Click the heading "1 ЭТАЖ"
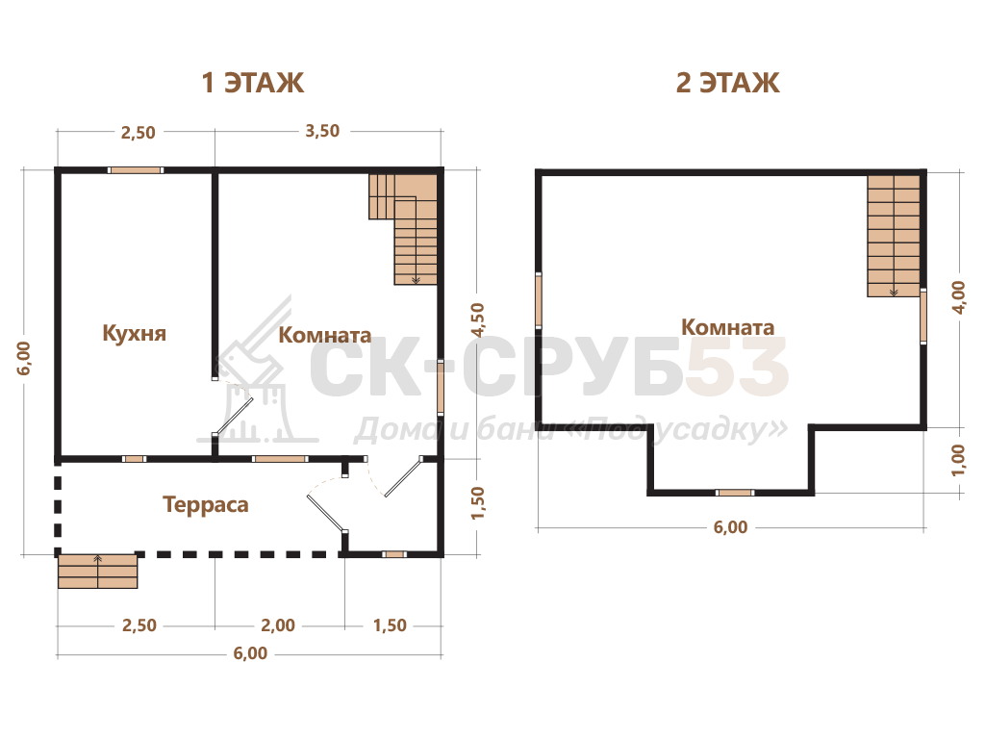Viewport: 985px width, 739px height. (253, 83)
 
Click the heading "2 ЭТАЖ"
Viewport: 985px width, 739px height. (727, 83)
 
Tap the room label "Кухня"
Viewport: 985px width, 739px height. (135, 333)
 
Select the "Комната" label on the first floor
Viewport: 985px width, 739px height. (325, 335)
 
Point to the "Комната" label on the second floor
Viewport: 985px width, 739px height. (727, 327)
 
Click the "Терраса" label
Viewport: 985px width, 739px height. (206, 504)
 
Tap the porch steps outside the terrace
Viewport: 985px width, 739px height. (97, 572)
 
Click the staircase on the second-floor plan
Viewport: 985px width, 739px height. (894, 237)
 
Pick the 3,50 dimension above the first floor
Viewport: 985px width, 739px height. (322, 131)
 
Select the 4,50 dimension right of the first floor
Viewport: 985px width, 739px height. (477, 319)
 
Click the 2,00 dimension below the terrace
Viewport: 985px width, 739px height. (278, 625)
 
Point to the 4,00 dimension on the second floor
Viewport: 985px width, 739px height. (958, 298)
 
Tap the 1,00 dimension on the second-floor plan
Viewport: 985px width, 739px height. (958, 460)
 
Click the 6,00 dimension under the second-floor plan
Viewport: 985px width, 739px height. (731, 527)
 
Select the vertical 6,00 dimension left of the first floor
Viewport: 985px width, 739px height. (23, 358)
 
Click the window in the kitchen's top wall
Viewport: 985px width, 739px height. (136, 170)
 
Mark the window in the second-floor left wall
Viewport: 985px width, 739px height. (539, 300)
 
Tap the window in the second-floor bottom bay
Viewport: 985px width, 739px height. (735, 493)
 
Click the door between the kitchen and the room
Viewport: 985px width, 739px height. (233, 416)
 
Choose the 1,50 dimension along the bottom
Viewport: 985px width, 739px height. (390, 625)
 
